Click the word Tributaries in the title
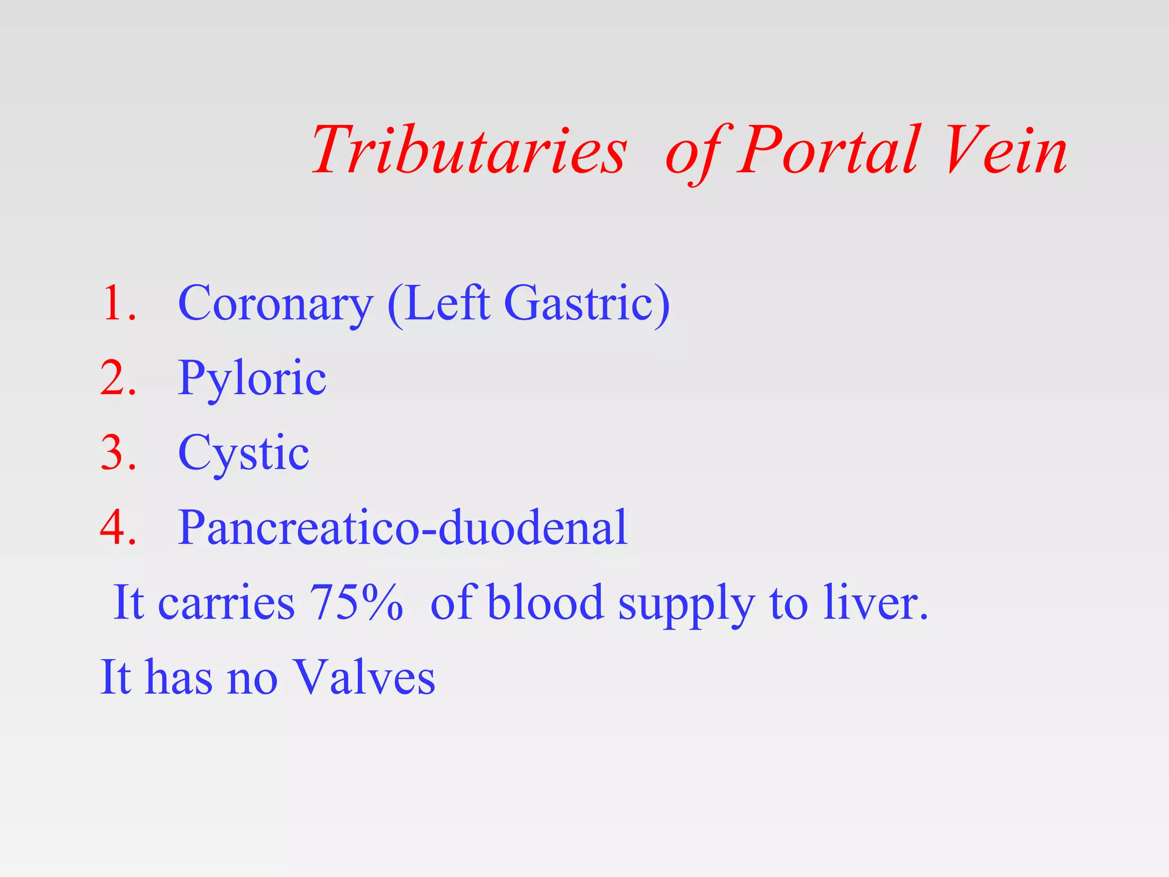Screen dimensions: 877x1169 [x=469, y=151]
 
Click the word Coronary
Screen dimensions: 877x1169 [x=275, y=304]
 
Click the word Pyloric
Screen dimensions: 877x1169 [x=252, y=379]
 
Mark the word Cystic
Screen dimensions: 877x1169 [x=244, y=454]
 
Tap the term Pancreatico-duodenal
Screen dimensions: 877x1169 [x=402, y=528]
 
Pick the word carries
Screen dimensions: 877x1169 [x=226, y=604]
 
